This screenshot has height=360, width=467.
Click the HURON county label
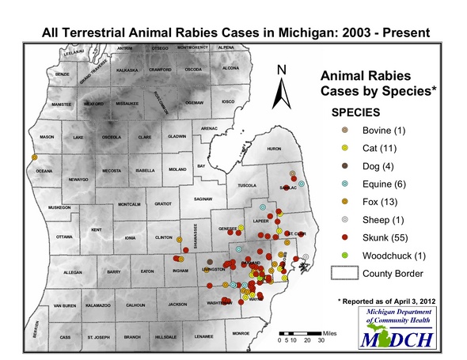click(x=274, y=149)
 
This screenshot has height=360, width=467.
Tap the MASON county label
click(x=47, y=138)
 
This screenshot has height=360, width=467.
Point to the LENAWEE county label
click(x=205, y=337)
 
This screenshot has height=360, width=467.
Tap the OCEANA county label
click(x=44, y=171)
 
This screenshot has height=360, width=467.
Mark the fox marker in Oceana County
click(x=35, y=158)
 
